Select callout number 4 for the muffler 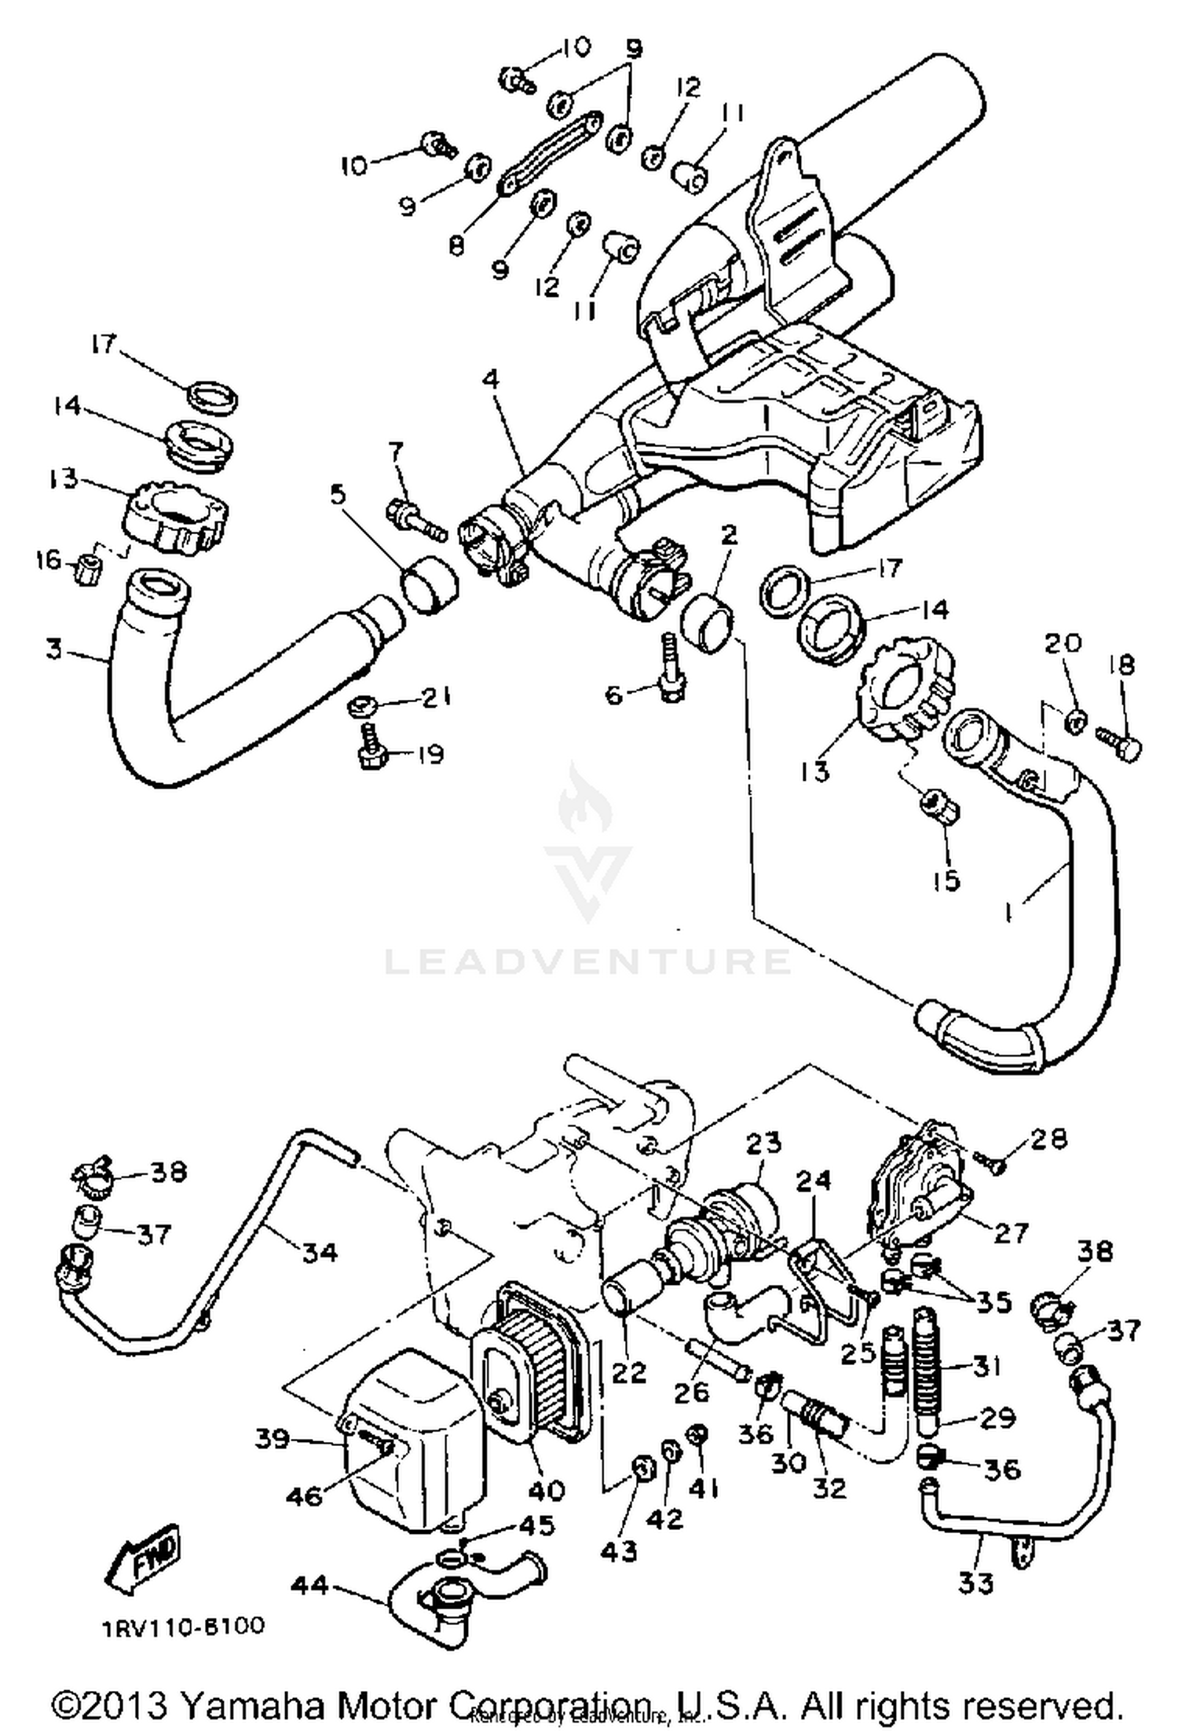[491, 379]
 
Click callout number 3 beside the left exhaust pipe [53, 650]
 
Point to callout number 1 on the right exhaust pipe [1008, 913]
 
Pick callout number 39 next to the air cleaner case [272, 1439]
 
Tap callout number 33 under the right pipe [976, 1582]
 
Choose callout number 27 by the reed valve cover [1010, 1233]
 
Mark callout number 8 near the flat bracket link [456, 245]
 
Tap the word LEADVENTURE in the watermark [587, 961]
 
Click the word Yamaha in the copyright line [247, 1706]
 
